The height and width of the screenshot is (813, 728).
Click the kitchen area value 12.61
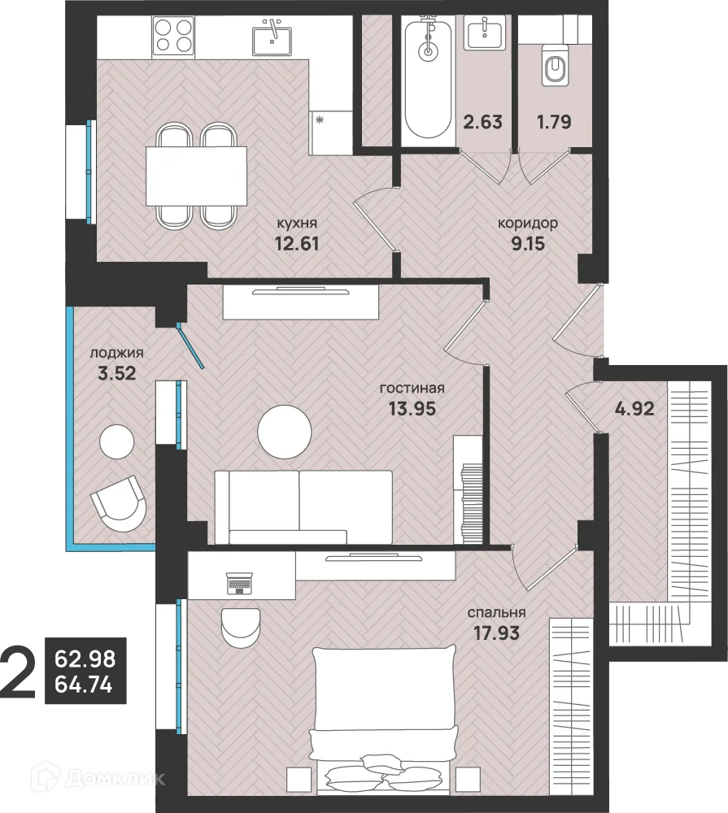tap(296, 243)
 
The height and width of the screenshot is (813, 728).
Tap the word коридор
tap(528, 224)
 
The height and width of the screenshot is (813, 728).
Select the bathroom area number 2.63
tap(482, 122)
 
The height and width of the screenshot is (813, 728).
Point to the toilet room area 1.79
tap(554, 122)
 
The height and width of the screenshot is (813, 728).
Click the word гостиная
tap(412, 388)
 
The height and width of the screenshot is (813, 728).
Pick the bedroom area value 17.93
tap(496, 633)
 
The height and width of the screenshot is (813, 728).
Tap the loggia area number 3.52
tap(117, 373)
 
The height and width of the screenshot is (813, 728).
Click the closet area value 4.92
tap(634, 409)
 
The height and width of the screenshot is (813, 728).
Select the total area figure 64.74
tap(84, 685)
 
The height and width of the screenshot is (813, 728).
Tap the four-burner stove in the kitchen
tap(173, 36)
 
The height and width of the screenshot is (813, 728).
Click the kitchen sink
tap(272, 37)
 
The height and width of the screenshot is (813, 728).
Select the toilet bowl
tap(555, 65)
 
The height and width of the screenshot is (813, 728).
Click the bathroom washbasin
tap(484, 33)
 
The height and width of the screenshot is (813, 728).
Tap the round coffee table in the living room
tap(285, 432)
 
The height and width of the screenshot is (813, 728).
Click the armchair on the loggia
tap(118, 503)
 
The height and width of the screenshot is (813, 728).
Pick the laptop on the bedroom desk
tap(239, 583)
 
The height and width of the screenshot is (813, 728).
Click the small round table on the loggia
tap(117, 441)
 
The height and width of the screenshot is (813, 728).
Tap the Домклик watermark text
tap(98, 778)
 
